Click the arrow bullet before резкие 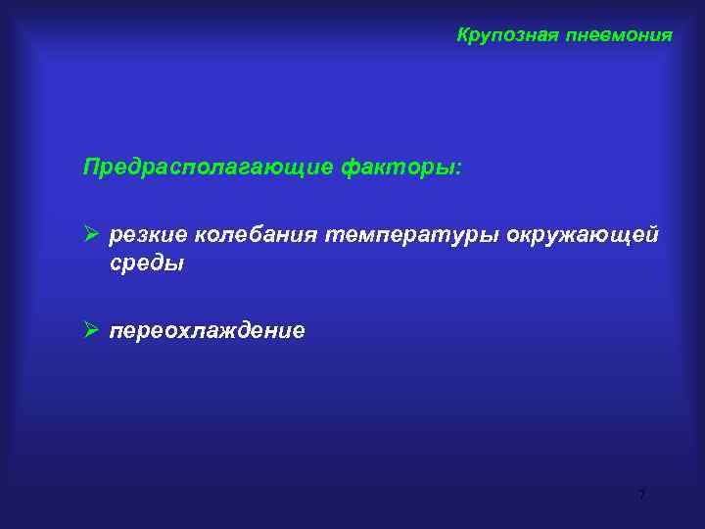coord(92,235)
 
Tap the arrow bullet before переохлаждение coord(92,331)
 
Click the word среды coord(146,264)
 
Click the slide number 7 coord(641,495)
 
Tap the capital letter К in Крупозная coord(463,35)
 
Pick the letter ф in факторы coord(350,168)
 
